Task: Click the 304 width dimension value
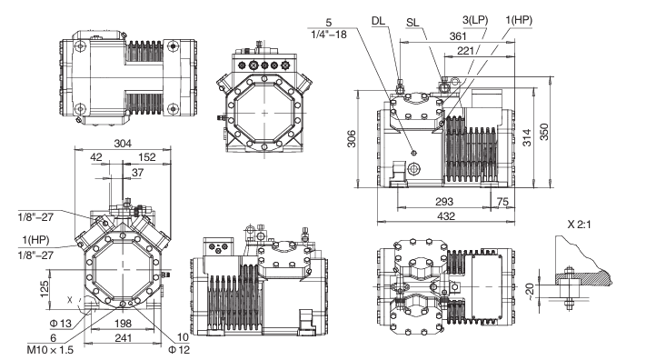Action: click(x=123, y=143)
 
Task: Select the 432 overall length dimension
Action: click(x=446, y=215)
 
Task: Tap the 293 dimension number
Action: click(x=444, y=201)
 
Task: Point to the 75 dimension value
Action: click(x=502, y=201)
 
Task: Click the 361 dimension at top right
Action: click(x=458, y=36)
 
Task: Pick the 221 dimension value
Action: click(x=465, y=50)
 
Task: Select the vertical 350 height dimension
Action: click(x=544, y=132)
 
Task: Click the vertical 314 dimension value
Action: click(x=527, y=138)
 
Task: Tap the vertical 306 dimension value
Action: click(x=351, y=138)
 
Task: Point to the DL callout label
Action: click(x=378, y=21)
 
